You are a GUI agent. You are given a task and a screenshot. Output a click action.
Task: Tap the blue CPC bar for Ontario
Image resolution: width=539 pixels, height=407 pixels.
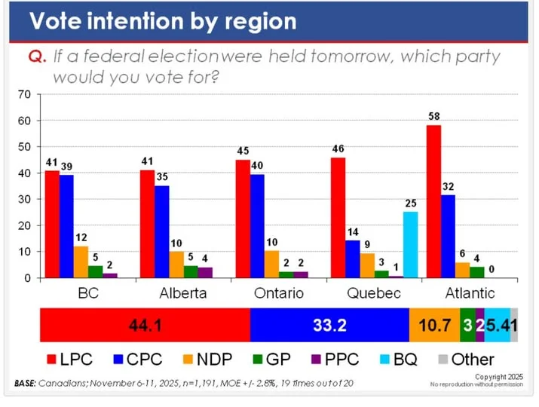click(259, 226)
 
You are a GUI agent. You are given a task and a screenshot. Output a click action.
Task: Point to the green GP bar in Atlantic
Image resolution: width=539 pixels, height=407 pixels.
click(476, 272)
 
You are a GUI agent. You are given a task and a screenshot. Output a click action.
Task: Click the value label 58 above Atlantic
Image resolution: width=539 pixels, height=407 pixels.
click(433, 116)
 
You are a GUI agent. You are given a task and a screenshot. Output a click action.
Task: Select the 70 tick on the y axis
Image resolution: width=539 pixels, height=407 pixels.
click(23, 94)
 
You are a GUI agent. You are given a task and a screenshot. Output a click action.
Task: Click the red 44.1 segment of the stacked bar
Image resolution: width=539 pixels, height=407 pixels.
click(145, 325)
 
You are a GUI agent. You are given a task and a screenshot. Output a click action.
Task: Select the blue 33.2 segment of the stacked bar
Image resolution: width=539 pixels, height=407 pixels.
click(329, 325)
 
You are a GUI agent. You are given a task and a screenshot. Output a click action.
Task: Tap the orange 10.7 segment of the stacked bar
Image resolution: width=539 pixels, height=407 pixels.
click(434, 325)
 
